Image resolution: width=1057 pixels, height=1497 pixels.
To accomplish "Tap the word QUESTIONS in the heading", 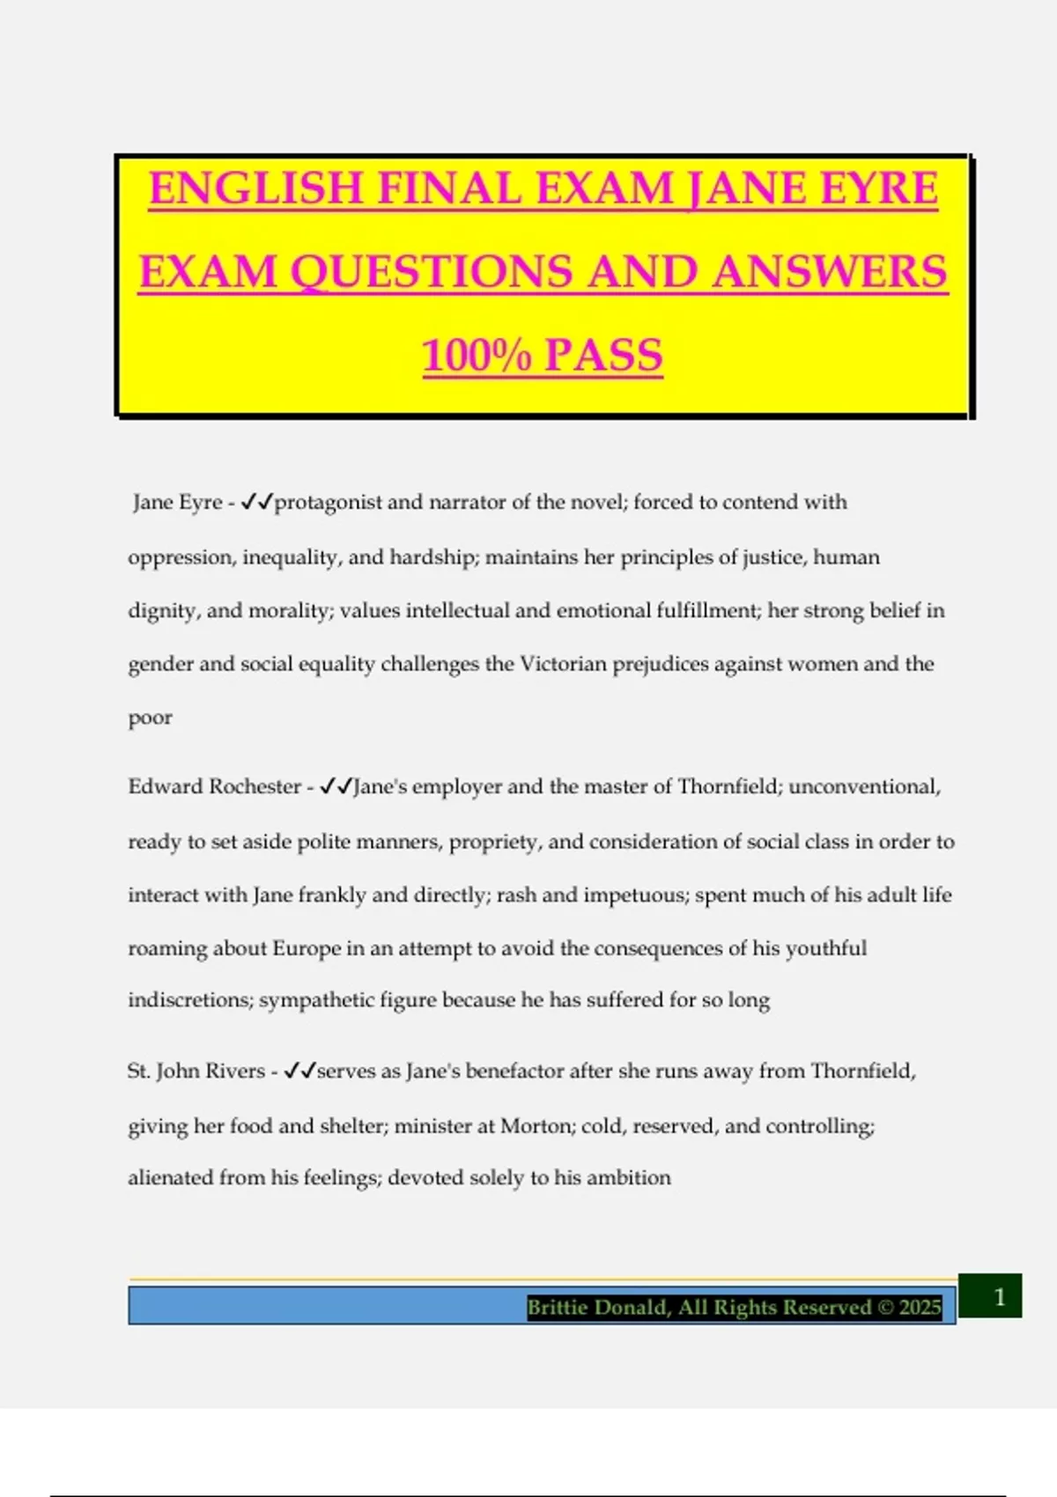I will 431,272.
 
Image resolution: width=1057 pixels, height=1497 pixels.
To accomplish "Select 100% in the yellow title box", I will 477,356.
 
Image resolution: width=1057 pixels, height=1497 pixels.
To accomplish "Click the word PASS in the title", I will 603,356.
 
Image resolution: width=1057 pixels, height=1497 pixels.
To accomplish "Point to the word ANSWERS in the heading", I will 830,272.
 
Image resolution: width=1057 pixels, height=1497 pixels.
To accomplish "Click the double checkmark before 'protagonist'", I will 256,502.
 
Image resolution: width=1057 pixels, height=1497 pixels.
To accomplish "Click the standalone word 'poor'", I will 150,718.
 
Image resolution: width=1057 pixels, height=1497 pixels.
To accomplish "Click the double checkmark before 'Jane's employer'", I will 336,786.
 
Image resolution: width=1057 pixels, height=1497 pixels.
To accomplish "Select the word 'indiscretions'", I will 190,1000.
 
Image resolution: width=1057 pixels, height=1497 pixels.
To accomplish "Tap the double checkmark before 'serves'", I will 299,1071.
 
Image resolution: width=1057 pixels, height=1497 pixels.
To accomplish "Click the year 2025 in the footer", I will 920,1307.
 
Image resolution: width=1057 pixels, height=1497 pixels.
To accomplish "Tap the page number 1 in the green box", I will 999,1296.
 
